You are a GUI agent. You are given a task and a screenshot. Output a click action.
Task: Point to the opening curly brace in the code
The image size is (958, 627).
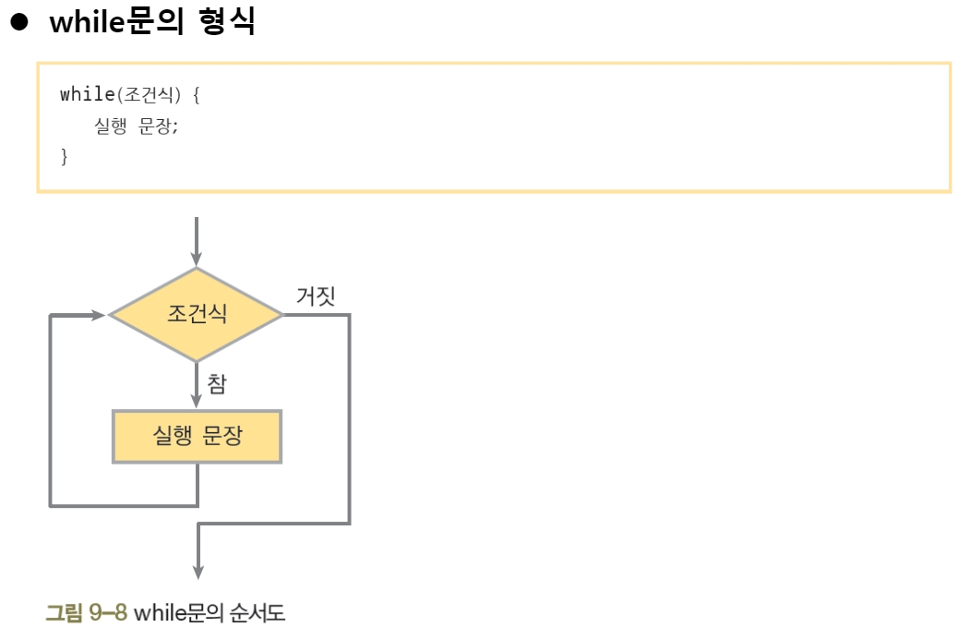196,94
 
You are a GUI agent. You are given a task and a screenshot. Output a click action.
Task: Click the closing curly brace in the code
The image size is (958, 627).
64,156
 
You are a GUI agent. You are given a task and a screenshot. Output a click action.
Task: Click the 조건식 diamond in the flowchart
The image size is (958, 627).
196,315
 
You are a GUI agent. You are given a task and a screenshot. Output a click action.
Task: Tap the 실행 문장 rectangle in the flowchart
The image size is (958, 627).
197,436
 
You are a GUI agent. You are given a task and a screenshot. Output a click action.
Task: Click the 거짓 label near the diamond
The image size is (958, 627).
315,295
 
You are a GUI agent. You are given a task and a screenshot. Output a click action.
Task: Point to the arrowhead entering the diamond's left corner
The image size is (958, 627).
98,315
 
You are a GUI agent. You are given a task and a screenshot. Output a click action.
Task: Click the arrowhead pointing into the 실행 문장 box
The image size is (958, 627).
196,399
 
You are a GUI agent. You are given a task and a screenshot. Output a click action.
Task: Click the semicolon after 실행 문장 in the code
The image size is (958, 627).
174,127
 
